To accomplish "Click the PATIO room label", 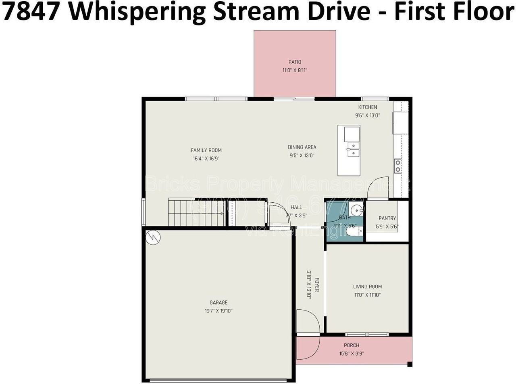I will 295,62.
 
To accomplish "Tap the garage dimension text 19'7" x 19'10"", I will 218,311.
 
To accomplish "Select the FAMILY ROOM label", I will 206,150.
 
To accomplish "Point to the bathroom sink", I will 356,210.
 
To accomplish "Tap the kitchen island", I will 349,150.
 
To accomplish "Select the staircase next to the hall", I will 196,213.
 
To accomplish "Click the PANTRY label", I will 387,218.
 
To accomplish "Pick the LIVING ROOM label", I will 367,287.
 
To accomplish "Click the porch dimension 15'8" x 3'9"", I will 351,354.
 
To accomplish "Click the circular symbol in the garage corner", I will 153,237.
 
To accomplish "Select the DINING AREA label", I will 302,147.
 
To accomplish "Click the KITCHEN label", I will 368,107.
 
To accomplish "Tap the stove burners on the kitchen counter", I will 397,166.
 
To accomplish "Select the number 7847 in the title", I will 32,12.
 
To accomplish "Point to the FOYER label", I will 317,285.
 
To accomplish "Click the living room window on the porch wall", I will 367,334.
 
